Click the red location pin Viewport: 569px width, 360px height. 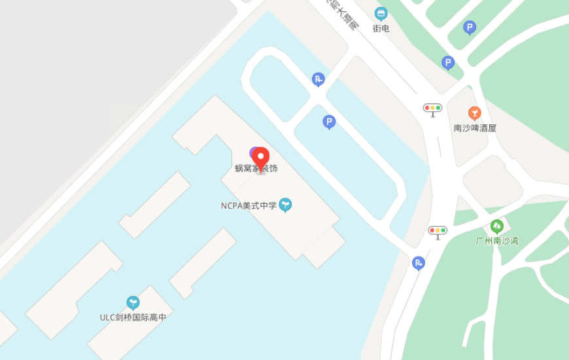tap(261, 158)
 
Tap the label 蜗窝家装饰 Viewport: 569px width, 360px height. tap(256, 169)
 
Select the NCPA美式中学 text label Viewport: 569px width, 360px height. tap(249, 206)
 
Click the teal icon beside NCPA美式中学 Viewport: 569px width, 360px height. tap(285, 205)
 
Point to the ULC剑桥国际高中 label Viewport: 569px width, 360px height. tap(133, 317)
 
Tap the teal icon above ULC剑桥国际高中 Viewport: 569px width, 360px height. tap(133, 302)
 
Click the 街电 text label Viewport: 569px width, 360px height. tap(381, 28)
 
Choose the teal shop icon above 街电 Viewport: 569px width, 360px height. tap(381, 14)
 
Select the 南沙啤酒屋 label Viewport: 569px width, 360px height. tap(475, 128)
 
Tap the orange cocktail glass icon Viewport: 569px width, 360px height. tap(475, 113)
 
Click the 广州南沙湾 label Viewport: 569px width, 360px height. tap(497, 241)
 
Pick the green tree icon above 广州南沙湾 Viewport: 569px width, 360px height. tap(497, 226)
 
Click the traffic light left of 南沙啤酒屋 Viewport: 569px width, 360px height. tap(433, 109)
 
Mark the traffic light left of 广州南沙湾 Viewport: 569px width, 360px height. tap(438, 231)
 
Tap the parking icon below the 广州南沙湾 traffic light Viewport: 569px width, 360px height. tap(419, 263)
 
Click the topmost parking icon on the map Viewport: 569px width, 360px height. tap(470, 27)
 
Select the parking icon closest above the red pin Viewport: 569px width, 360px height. tap(329, 122)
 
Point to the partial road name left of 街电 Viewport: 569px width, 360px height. tap(343, 14)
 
